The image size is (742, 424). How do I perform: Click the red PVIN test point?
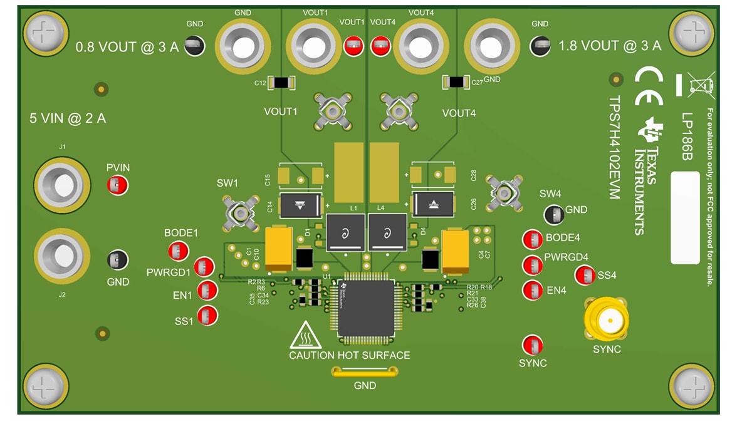pos(117,185)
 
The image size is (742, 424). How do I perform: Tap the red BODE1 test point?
pos(177,251)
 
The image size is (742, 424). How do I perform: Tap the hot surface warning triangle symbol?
pos(305,336)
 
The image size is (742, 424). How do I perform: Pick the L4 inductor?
pos(387,232)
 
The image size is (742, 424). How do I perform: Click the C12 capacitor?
pos(281,83)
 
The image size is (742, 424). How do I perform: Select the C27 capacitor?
pos(456,81)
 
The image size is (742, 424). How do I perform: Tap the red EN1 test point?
pos(207,291)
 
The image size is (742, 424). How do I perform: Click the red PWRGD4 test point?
pos(532,264)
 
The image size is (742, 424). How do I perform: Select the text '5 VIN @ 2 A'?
pos(68,118)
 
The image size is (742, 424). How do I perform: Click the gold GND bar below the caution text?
pos(365,373)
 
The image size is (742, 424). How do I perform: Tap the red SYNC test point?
pos(532,346)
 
